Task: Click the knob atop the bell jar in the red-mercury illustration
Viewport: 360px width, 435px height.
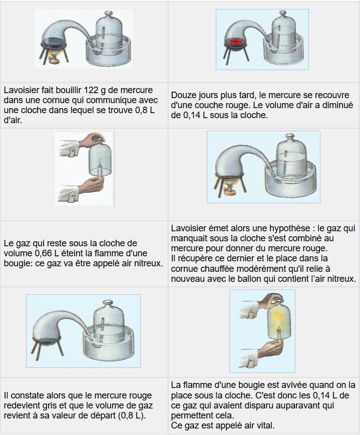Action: pyautogui.click(x=283, y=14)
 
